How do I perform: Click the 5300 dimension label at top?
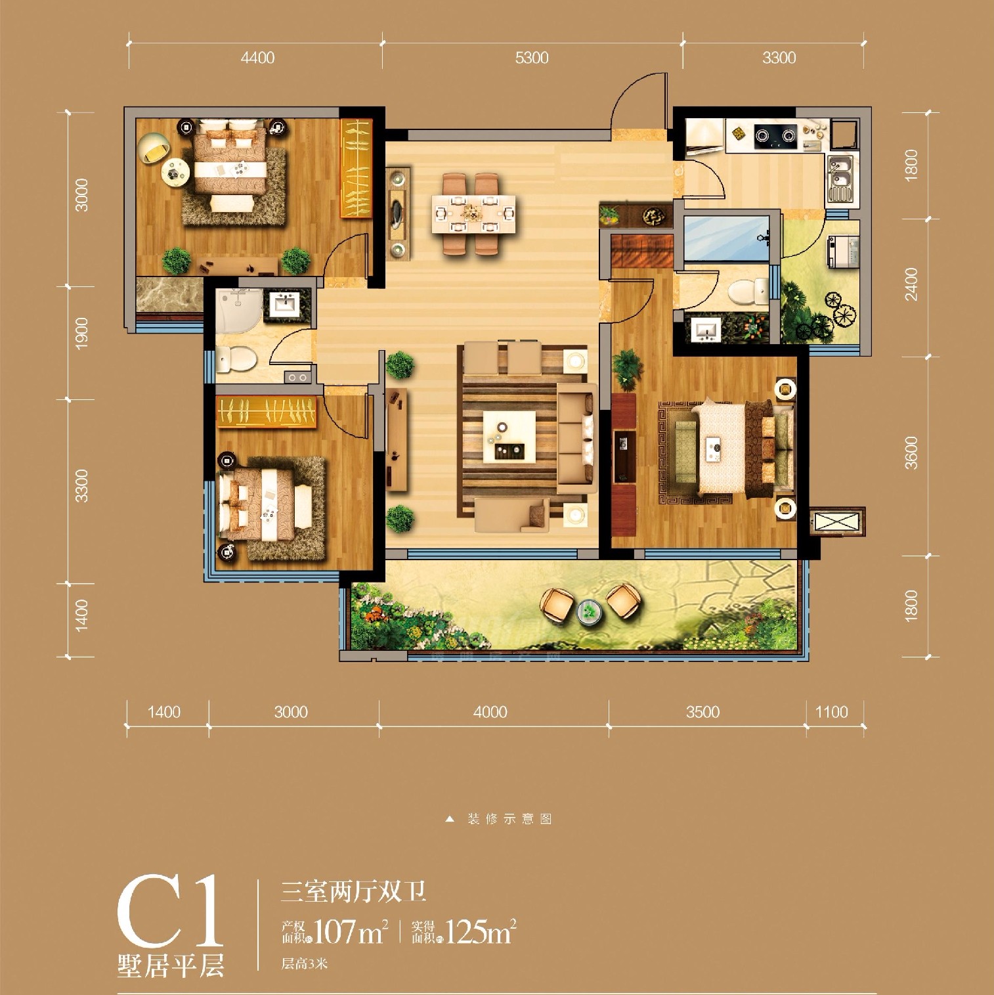531,58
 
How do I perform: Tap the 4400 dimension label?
257,58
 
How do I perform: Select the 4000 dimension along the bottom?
490,712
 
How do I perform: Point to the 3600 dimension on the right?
911,453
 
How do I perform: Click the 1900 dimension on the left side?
81,333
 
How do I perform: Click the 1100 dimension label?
831,712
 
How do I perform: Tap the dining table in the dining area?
473,213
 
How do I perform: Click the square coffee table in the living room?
509,437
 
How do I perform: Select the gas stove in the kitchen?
775,136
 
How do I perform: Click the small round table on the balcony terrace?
590,611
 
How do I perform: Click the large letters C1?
171,912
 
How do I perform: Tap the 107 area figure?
335,931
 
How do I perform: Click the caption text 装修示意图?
509,819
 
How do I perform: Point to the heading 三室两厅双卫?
354,891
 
